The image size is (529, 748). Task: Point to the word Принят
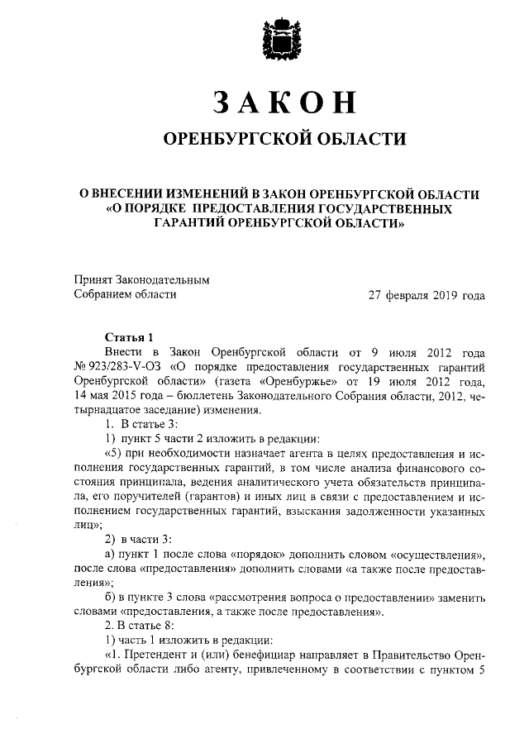(95, 280)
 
